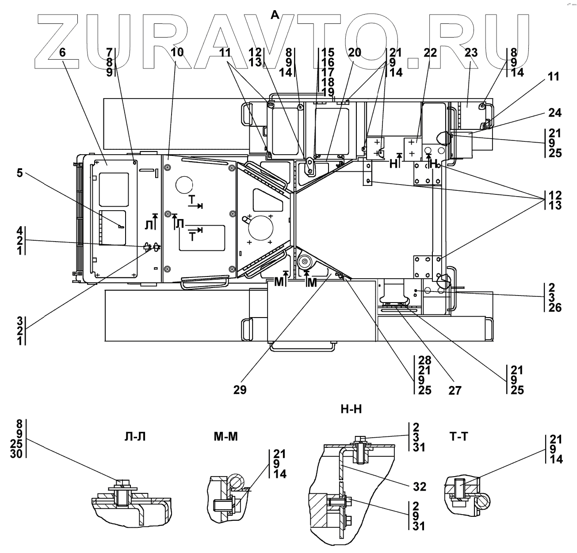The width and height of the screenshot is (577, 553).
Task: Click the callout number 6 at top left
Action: (62, 53)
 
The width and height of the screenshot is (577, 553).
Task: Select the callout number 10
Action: (177, 53)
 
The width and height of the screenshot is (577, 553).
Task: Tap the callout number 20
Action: (354, 53)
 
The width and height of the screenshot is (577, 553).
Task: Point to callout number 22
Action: (430, 53)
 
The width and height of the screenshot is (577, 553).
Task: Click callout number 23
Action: (471, 53)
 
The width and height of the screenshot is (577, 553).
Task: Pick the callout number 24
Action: (554, 113)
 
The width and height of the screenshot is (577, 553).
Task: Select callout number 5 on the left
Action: (19, 172)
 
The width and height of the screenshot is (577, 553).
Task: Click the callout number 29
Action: (241, 390)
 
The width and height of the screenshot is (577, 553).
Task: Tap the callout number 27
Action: (455, 390)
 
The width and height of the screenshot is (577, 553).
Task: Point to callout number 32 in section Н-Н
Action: (420, 487)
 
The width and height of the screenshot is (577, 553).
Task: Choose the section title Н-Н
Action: (352, 409)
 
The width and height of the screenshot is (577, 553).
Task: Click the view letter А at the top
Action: (275, 15)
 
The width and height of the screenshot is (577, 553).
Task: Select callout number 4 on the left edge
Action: (19, 230)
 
